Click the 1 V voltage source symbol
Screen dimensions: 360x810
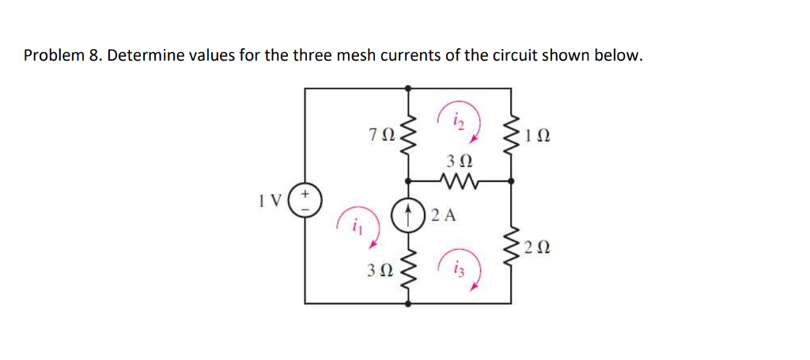306,198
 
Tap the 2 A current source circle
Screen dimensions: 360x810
408,214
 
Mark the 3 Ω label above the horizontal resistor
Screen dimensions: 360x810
457,161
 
